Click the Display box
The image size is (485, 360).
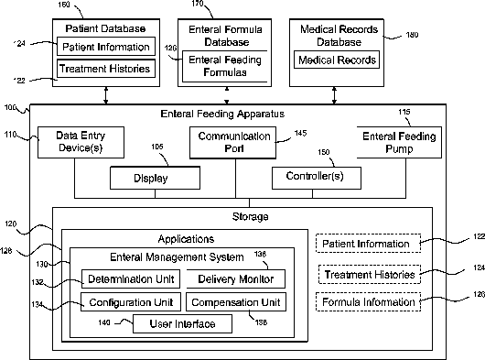pyautogui.click(x=155, y=178)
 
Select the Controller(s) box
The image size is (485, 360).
pyautogui.click(x=317, y=178)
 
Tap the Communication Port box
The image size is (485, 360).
pyautogui.click(x=232, y=142)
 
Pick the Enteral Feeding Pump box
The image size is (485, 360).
pyautogui.click(x=399, y=142)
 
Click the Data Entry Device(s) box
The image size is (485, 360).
pyautogui.click(x=81, y=142)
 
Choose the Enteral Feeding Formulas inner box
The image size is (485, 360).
pyautogui.click(x=225, y=66)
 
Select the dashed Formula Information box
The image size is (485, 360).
pyautogui.click(x=369, y=301)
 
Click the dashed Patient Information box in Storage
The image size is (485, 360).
pyautogui.click(x=368, y=244)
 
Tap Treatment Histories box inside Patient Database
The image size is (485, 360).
pyautogui.click(x=106, y=69)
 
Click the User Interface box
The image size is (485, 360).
pyautogui.click(x=182, y=323)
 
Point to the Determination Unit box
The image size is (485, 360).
pyautogui.click(x=131, y=278)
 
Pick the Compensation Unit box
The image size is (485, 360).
pyautogui.click(x=236, y=301)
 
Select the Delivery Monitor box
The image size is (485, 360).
pyautogui.click(x=236, y=278)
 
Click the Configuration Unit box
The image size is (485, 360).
pyautogui.click(x=131, y=301)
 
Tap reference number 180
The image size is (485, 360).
pyautogui.click(x=412, y=35)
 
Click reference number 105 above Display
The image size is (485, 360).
pyautogui.click(x=157, y=147)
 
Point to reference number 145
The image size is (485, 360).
pyautogui.click(x=300, y=133)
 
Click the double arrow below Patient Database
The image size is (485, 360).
pyautogui.click(x=106, y=95)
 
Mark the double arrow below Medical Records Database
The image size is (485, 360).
pyautogui.click(x=334, y=95)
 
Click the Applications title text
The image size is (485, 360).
pyautogui.click(x=186, y=239)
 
